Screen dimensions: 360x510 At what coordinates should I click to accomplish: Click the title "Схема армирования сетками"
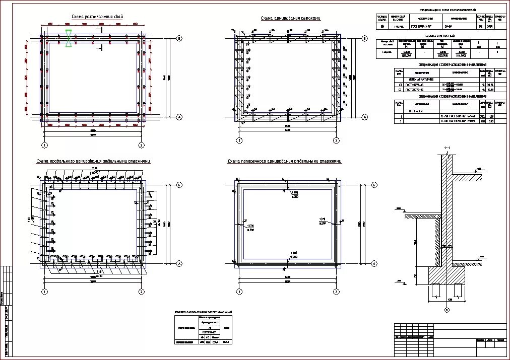click(x=291, y=19)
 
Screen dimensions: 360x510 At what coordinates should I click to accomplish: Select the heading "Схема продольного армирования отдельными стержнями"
click(x=93, y=161)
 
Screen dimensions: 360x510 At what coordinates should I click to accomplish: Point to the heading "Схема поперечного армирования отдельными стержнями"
click(x=285, y=161)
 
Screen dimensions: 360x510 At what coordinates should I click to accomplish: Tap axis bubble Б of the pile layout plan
click(x=180, y=38)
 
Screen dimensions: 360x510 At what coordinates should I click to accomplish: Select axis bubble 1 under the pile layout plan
click(x=44, y=145)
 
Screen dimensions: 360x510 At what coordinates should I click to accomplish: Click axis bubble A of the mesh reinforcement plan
click(x=364, y=117)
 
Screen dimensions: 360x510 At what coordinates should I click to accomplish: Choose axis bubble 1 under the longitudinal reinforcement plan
click(x=44, y=292)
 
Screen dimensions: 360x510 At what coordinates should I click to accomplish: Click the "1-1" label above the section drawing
click(x=447, y=148)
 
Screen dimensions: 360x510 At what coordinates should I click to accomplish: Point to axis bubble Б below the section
click(x=447, y=310)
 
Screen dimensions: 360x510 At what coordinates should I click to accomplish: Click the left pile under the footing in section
click(x=435, y=290)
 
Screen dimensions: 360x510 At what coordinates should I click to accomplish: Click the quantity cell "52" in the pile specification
click(x=480, y=26)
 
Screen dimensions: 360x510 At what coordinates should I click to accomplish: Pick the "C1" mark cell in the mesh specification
click(x=399, y=85)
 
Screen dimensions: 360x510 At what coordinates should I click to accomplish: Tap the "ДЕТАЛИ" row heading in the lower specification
click(x=416, y=111)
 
